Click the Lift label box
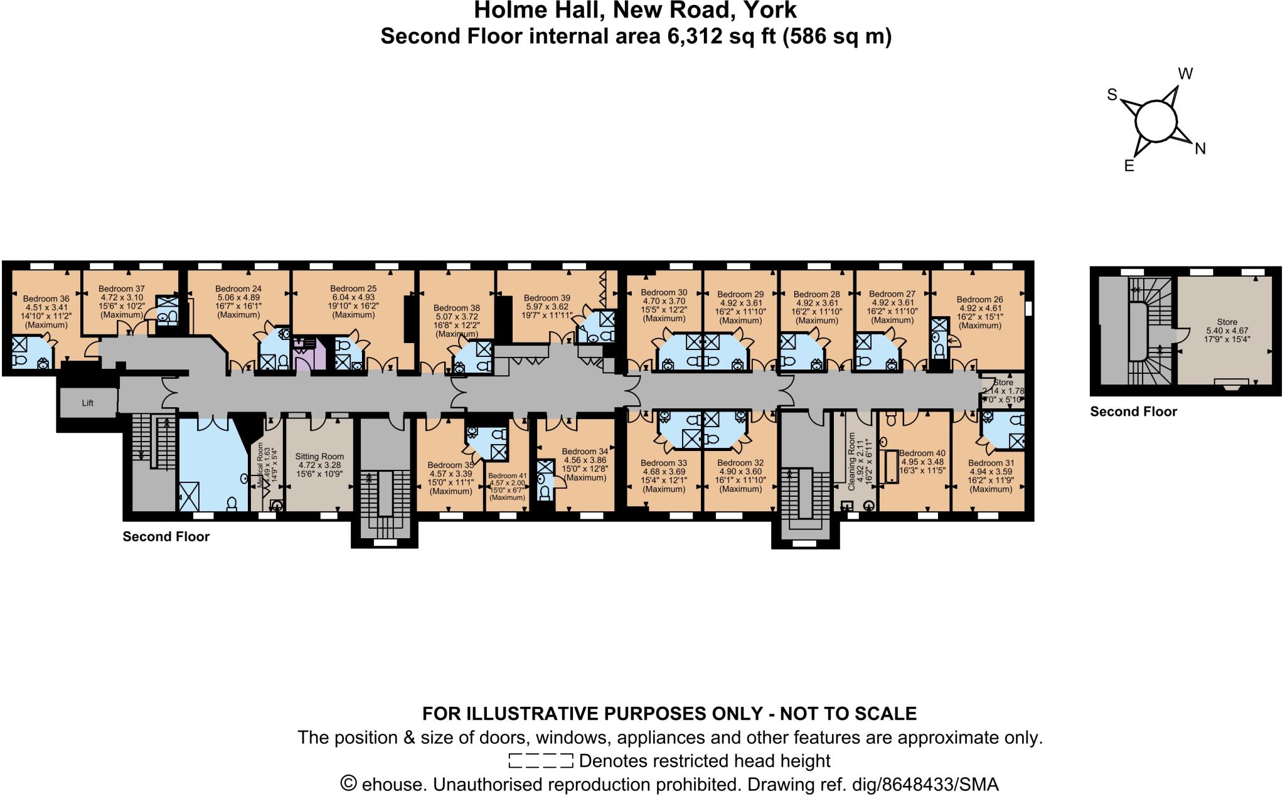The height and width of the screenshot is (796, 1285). (x=88, y=403)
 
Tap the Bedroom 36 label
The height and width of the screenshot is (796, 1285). (x=46, y=299)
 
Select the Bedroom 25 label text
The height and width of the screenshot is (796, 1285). (x=353, y=289)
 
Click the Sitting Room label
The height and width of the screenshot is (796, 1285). (x=319, y=457)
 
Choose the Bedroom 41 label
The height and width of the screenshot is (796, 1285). (x=508, y=476)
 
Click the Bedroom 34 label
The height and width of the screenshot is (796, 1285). (x=585, y=452)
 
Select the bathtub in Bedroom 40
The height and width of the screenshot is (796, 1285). (x=889, y=465)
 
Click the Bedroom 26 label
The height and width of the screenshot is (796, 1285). (x=979, y=299)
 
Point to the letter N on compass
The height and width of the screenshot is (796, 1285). (x=1200, y=149)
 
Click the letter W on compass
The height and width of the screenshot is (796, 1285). (x=1185, y=74)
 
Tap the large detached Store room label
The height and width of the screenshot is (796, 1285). (x=1227, y=322)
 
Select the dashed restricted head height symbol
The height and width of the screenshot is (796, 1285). (x=540, y=761)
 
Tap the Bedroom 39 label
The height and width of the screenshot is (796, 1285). (x=547, y=298)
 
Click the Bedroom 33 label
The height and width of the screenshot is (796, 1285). (x=664, y=463)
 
